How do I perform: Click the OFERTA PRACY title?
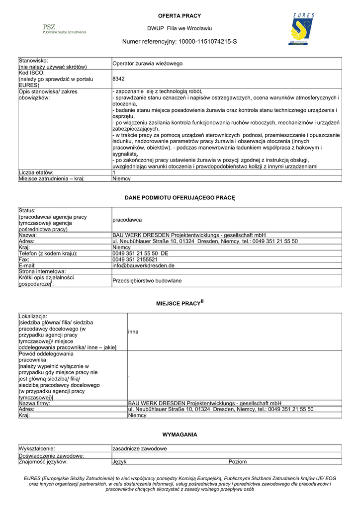tap(180, 16)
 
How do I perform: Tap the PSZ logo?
tap(64, 29)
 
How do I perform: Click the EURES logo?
tap(302, 30)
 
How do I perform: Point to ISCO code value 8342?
tap(118, 79)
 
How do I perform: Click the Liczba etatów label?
tap(36, 172)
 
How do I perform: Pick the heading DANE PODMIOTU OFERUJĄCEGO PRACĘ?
tap(180, 198)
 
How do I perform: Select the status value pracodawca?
tap(127, 220)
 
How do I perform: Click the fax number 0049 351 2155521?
tap(135, 259)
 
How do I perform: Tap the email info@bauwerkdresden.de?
tap(143, 265)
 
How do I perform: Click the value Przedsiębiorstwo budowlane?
tap(147, 281)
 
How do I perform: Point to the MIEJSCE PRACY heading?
tap(180, 303)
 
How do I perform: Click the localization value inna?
tap(133, 332)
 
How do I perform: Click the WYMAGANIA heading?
tap(180, 434)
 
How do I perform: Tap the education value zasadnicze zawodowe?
tap(140, 449)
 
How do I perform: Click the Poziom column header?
tap(238, 462)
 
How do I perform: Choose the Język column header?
tap(120, 462)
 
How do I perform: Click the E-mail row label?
tap(27, 265)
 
